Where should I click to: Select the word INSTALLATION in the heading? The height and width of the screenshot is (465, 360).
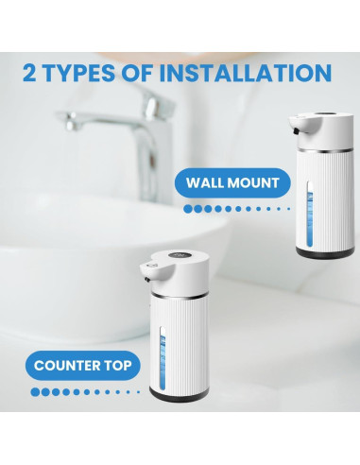click(x=247, y=73)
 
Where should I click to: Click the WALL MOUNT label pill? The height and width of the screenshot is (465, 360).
click(x=232, y=181)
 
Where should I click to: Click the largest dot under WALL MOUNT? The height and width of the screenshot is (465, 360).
click(x=188, y=208)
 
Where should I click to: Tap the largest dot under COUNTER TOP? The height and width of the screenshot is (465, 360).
click(x=35, y=390)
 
